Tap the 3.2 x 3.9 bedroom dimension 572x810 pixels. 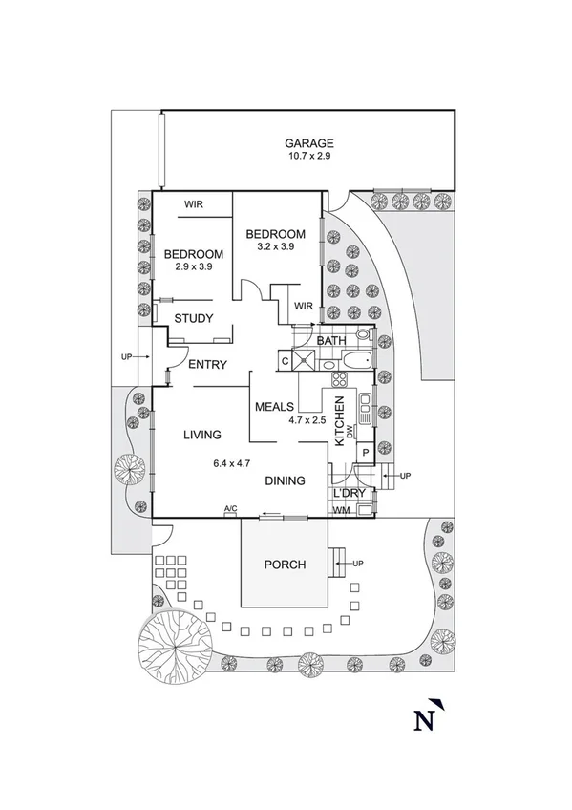(x=275, y=246)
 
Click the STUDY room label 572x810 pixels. (x=194, y=318)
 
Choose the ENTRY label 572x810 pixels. (x=207, y=365)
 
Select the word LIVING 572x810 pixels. (x=202, y=435)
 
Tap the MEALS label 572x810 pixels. (x=273, y=407)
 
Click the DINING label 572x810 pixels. (x=285, y=480)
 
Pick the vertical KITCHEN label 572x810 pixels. (x=339, y=421)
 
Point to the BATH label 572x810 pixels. (x=331, y=340)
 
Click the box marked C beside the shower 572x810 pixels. (x=286, y=361)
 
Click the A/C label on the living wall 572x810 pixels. (x=230, y=509)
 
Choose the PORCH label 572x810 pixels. (x=285, y=565)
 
